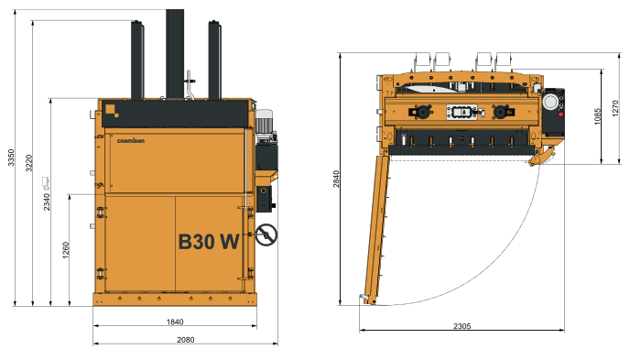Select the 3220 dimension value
pos(29,162)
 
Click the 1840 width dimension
pos(175,322)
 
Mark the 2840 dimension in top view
pos(337,179)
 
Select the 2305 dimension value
pos(462,327)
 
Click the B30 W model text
pos(208,242)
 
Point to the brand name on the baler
pos(133,139)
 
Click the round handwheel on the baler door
pos(266,235)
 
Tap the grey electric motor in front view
pos(265,124)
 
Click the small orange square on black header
pos(110,108)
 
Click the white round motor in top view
pos(552,103)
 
